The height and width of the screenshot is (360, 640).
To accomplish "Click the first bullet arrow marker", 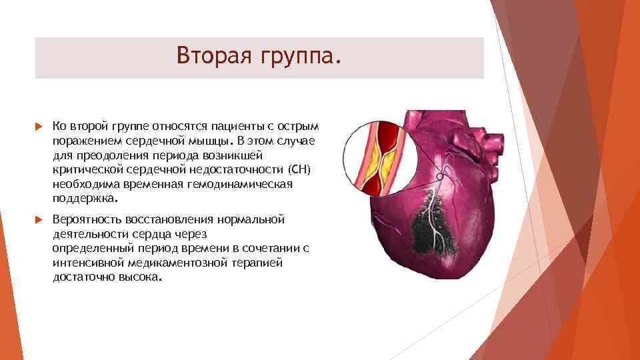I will point(39,127).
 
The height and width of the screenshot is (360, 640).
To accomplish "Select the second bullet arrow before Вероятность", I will point(39,219).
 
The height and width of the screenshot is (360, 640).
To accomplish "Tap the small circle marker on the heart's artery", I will point(440,177).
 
